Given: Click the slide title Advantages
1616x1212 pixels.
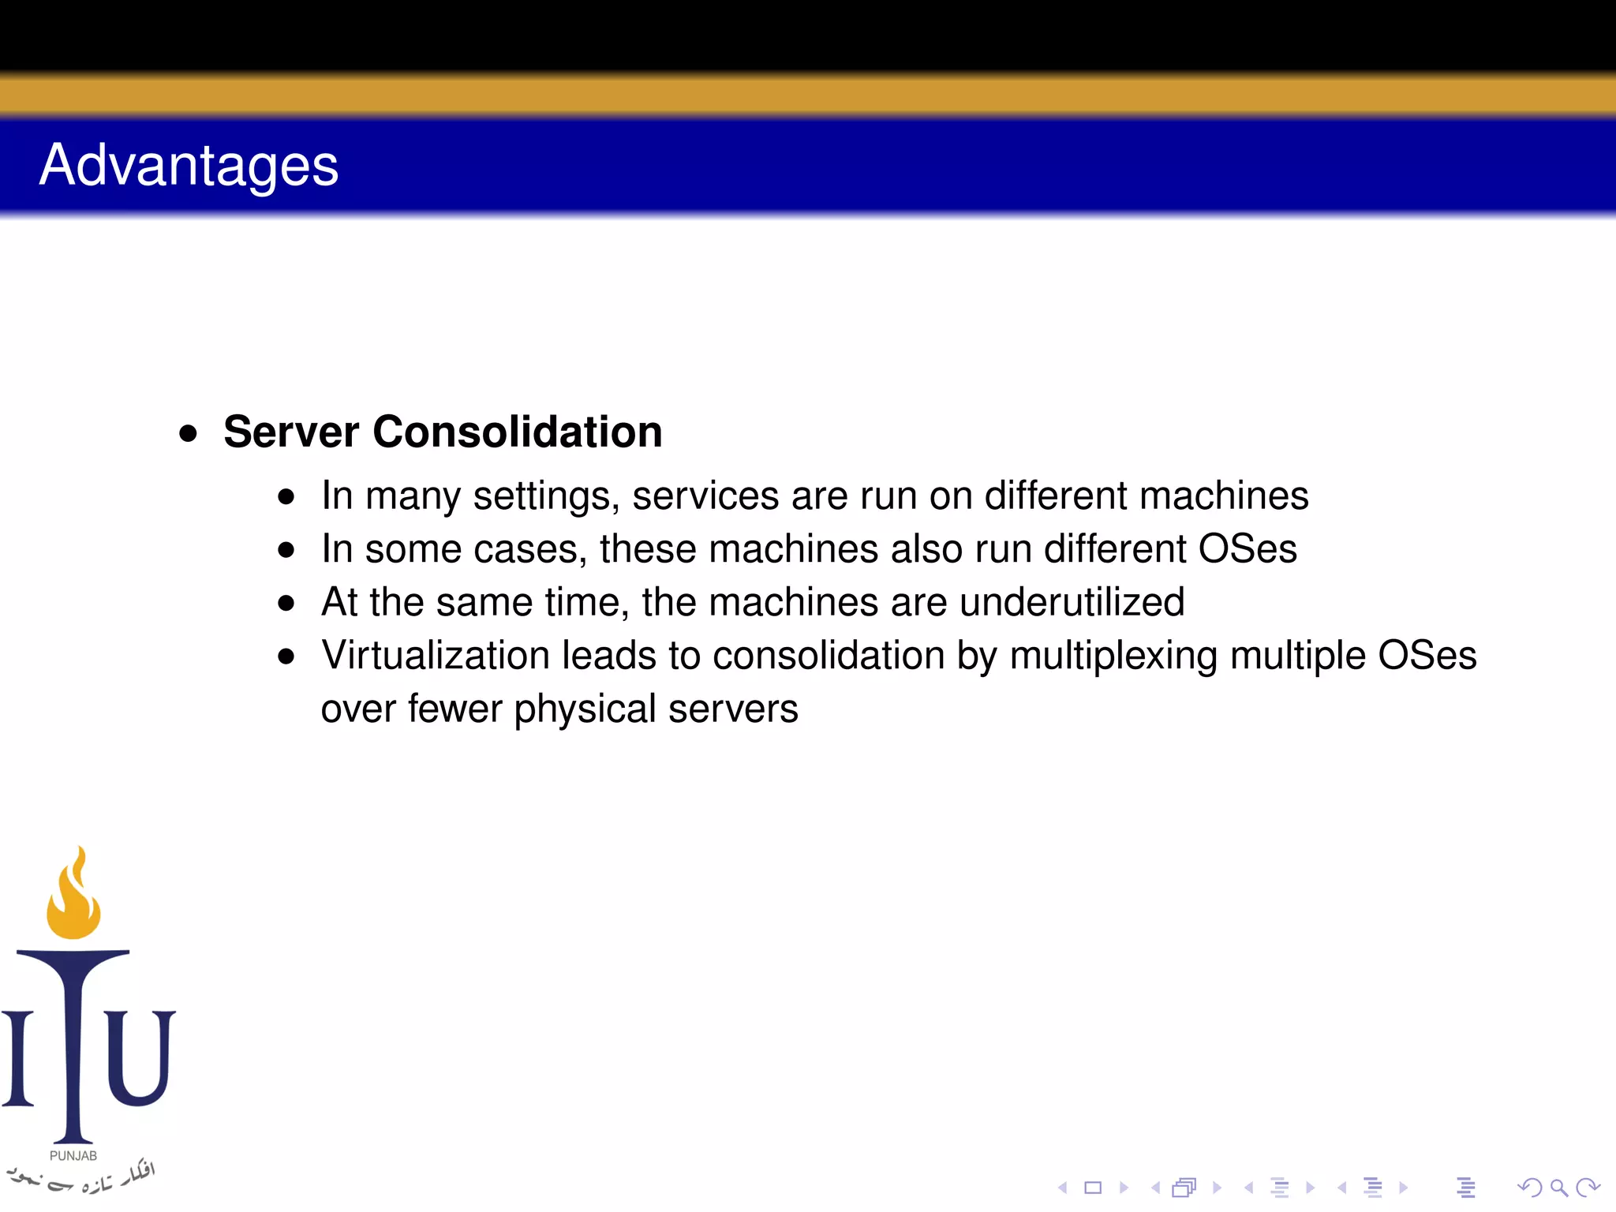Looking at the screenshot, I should (189, 166).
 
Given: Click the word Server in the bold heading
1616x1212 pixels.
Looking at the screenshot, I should (291, 432).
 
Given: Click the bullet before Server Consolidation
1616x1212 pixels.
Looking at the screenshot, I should (188, 433).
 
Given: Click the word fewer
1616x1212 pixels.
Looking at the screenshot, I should (454, 708).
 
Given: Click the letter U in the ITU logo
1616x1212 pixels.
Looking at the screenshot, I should (140, 1057).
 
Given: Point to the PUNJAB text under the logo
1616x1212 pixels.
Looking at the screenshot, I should (73, 1156).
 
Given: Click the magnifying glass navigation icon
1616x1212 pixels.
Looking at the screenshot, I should (1558, 1188).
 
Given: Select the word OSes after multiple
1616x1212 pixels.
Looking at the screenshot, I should (1427, 655).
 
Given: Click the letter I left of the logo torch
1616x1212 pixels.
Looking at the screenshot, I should (18, 1057).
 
